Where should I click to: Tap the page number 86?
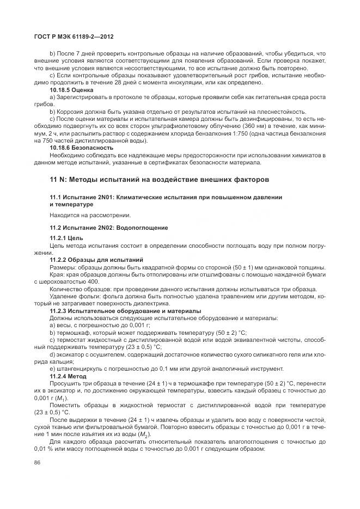[x=38, y=463]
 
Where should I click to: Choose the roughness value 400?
[x=93, y=281]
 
